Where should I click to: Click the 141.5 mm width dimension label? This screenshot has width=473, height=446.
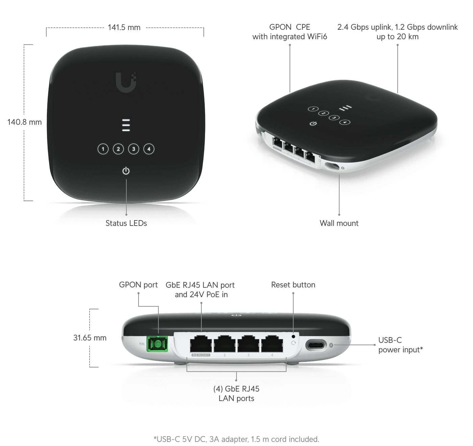124,27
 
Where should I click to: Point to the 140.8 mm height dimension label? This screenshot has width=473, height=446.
24,122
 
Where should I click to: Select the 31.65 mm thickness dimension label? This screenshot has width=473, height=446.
90,338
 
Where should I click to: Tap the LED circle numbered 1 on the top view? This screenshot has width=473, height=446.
103,149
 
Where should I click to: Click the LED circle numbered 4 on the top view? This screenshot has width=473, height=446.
149,149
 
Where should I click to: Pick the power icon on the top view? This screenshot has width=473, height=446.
126,171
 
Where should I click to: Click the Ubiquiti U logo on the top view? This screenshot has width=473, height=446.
126,82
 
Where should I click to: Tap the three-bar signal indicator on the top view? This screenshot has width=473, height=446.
126,125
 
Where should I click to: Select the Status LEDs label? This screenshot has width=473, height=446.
126,223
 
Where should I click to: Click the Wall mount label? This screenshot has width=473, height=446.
339,223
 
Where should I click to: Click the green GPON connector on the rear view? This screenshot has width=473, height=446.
157,344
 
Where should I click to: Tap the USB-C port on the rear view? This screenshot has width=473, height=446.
316,345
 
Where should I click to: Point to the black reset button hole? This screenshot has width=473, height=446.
293,336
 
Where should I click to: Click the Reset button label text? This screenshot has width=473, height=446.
293,285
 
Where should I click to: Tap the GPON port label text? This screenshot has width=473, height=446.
139,285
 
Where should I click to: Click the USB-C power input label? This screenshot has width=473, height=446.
401,345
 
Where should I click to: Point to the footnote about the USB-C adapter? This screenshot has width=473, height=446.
236,439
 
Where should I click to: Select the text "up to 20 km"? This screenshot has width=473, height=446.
398,37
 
